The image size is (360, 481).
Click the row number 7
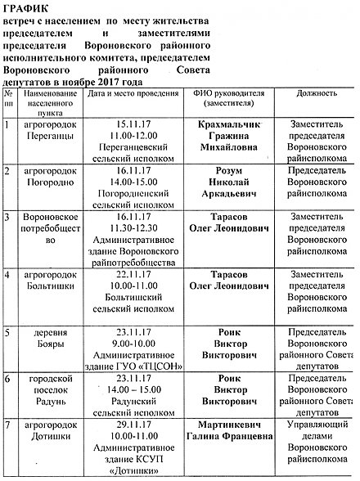point(8,426)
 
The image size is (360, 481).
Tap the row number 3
point(8,218)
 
